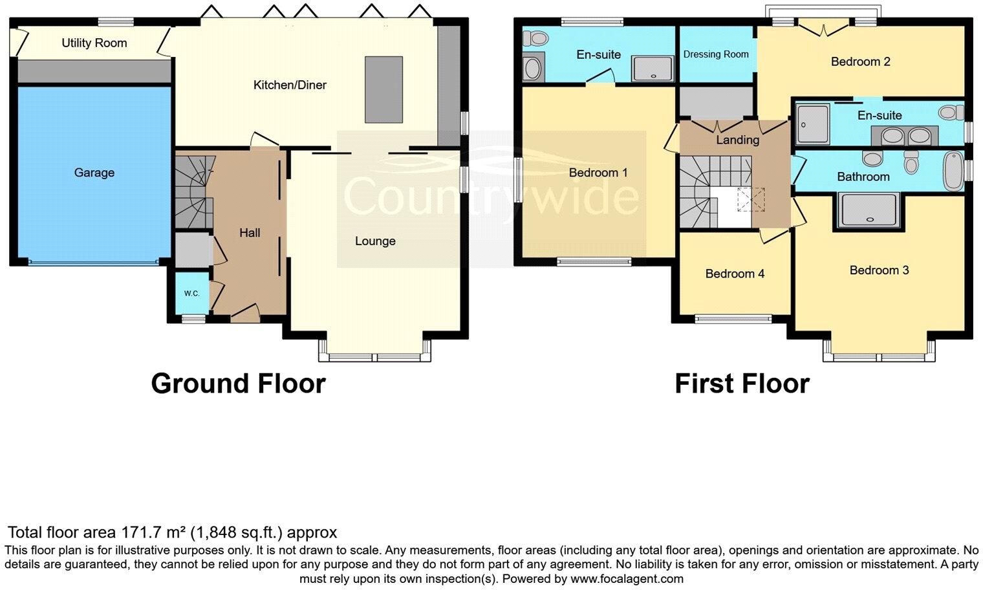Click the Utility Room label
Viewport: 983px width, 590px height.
(94, 43)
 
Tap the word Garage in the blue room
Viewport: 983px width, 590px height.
(94, 173)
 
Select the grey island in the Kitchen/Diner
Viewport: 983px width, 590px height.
(383, 89)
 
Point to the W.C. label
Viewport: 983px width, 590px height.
(191, 294)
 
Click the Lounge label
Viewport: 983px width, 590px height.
(375, 241)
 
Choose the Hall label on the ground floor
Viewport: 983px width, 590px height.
(250, 233)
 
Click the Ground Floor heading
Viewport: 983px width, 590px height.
(238, 384)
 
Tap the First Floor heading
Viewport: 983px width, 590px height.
(742, 384)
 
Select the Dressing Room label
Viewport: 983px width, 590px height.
(716, 54)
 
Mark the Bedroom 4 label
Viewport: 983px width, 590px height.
(735, 274)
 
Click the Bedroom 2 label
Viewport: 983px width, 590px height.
(860, 62)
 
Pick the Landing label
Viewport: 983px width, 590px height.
(737, 140)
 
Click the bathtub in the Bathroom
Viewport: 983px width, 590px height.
(953, 171)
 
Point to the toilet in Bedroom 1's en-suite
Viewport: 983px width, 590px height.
(534, 39)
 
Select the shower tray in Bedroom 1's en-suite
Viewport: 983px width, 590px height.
(653, 69)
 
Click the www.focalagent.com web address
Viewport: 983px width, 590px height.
(627, 578)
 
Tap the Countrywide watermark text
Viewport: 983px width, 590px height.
(491, 196)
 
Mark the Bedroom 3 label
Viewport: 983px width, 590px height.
(879, 270)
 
